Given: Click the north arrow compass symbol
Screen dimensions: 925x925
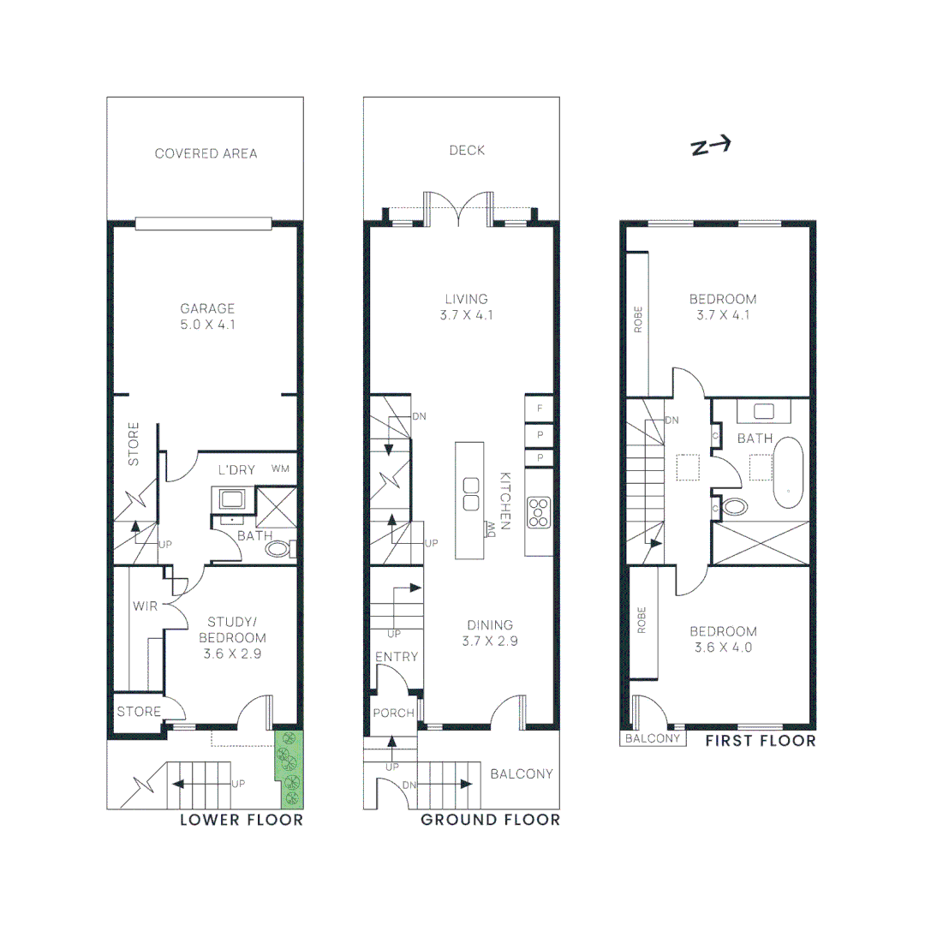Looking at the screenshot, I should coord(710,147).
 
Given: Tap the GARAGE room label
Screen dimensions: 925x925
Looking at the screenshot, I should coord(206,308).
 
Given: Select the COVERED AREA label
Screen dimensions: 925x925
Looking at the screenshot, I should coord(206,153).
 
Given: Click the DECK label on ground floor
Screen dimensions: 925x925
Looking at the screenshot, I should coord(467,151).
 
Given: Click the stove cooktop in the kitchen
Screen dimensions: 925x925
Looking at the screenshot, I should coord(539,511).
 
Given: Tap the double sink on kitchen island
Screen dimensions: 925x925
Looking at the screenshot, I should coord(470,494).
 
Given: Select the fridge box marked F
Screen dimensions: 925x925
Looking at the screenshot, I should coord(540,409).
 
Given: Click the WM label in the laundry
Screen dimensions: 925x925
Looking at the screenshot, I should coord(280,468).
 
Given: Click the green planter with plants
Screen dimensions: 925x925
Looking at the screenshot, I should coord(289,768).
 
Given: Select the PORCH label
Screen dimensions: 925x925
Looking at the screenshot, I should coord(393,713).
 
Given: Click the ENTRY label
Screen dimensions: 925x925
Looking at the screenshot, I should coord(397,657).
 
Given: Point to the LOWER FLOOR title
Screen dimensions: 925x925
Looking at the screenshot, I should coord(241,820).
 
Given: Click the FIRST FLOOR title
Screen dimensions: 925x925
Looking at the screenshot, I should coord(760,740).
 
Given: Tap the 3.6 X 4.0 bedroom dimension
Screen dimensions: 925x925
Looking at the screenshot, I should coord(724,647).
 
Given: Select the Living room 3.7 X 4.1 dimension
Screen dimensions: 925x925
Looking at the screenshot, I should coord(466,315).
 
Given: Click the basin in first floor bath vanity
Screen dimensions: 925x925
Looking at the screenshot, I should coord(766,411).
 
